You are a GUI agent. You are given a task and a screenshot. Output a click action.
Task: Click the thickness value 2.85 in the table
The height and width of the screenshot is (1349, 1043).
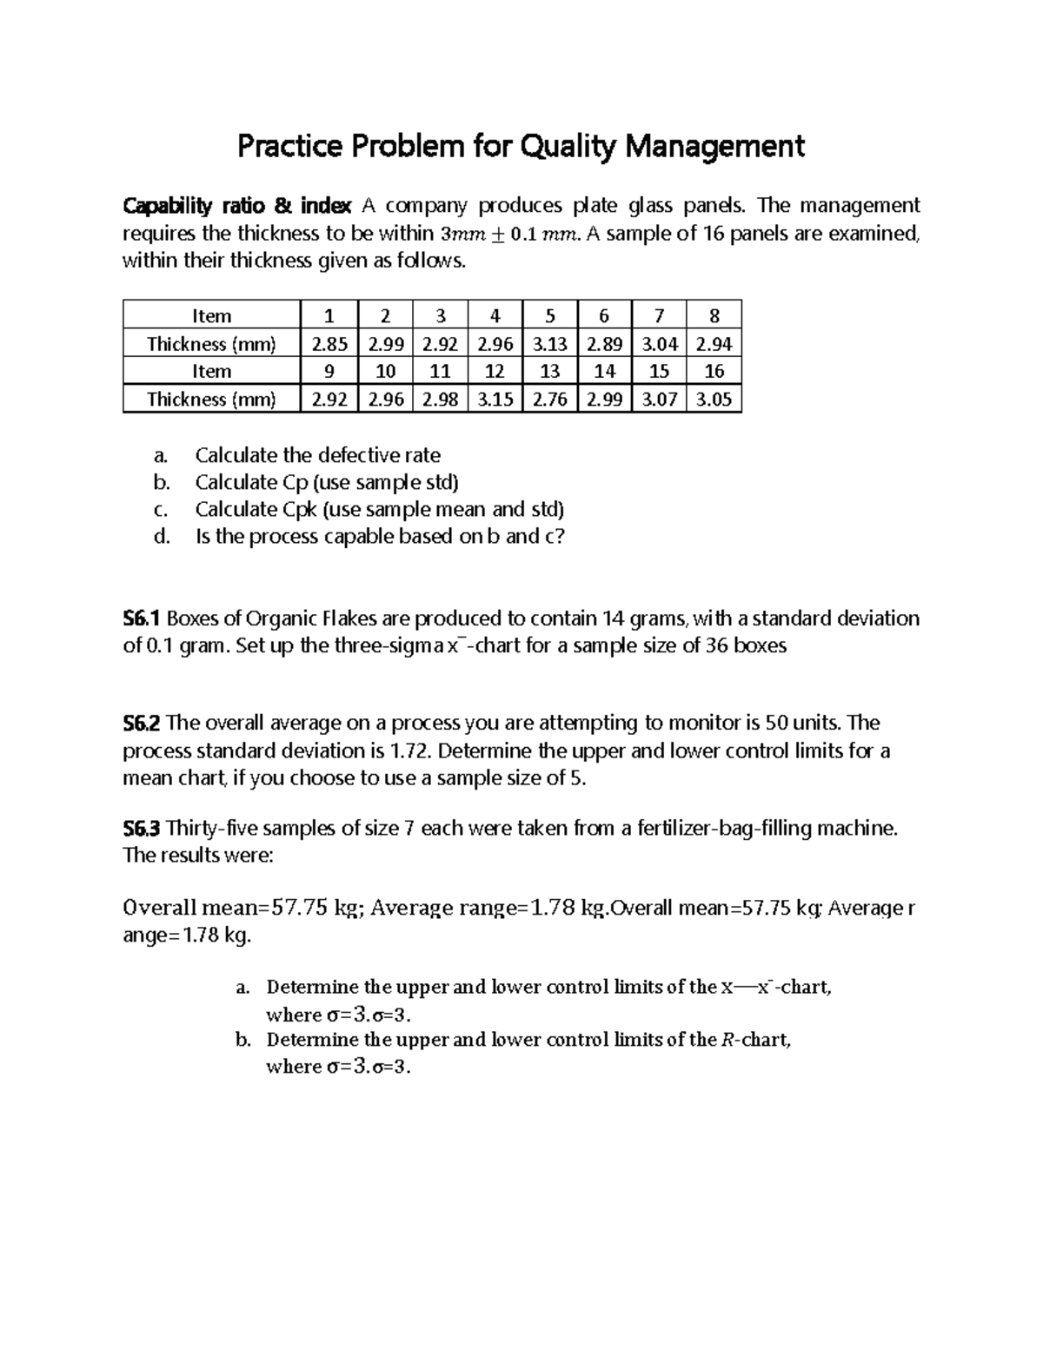(329, 344)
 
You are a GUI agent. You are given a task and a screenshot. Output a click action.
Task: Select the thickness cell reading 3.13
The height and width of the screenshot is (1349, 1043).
(549, 344)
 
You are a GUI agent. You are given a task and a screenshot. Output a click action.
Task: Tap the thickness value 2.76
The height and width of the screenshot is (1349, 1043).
(549, 400)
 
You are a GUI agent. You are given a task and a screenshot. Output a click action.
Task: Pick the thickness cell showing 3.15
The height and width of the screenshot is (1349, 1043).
(495, 400)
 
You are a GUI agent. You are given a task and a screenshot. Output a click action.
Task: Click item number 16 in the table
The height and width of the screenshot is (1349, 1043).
(714, 372)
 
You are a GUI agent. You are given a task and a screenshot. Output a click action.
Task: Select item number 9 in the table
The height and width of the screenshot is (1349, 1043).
(329, 372)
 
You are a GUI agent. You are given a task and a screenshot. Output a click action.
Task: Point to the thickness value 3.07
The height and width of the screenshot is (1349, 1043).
(659, 400)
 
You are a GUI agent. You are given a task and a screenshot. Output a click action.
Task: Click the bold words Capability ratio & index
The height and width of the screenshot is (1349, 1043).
(237, 207)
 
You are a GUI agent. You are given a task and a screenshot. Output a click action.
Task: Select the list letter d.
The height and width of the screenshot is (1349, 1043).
(161, 537)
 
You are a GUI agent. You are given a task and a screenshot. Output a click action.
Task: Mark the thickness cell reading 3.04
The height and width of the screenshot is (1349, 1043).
(659, 344)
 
